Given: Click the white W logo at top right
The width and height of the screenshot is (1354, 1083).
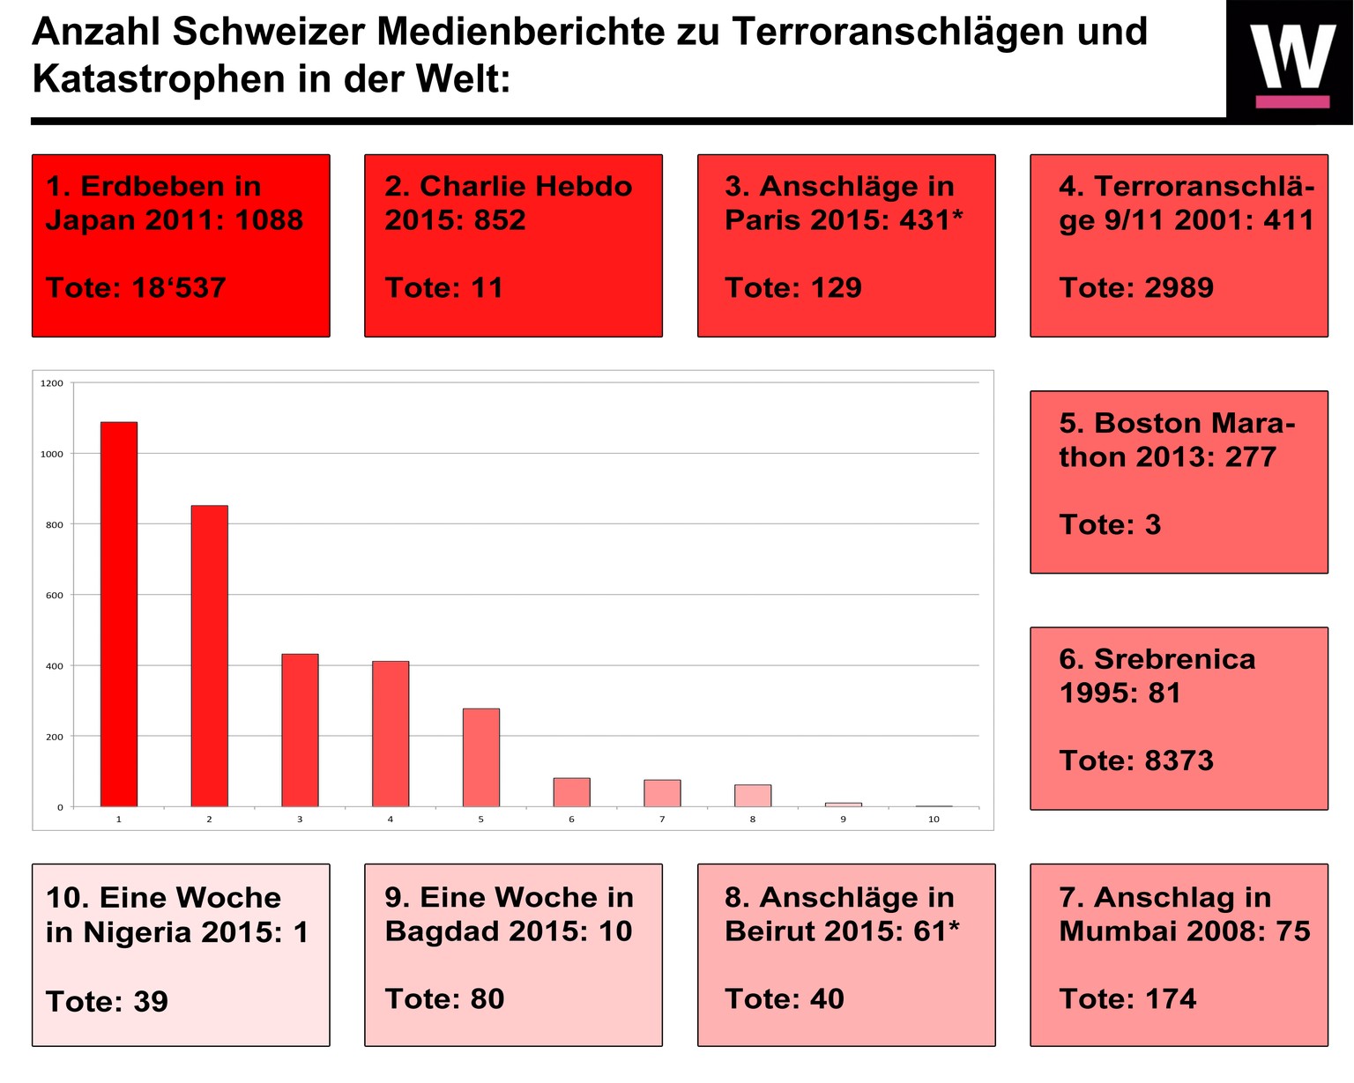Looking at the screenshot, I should (x=1291, y=58).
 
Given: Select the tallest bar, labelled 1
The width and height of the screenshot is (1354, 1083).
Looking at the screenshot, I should (x=119, y=614).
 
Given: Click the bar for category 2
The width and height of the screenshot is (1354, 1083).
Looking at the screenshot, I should (x=210, y=656).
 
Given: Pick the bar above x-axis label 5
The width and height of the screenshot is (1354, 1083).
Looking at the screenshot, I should (x=481, y=757).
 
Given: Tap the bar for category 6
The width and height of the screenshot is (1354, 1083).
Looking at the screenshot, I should (x=571, y=792).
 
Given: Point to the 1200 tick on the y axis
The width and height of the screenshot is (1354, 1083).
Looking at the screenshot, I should (x=52, y=383).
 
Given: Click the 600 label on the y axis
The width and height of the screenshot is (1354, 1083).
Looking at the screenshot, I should (x=54, y=595).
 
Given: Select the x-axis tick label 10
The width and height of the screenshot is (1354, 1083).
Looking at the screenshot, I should (x=934, y=820).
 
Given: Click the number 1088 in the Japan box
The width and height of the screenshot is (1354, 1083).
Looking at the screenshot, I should (x=268, y=219).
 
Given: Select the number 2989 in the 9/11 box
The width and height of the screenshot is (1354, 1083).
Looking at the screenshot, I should (x=1177, y=287).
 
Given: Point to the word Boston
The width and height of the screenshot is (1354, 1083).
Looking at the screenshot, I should (x=1134, y=423).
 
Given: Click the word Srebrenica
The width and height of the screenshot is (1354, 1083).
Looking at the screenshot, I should (x=1174, y=659).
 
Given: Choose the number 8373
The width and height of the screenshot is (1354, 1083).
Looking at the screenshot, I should (x=1177, y=760).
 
